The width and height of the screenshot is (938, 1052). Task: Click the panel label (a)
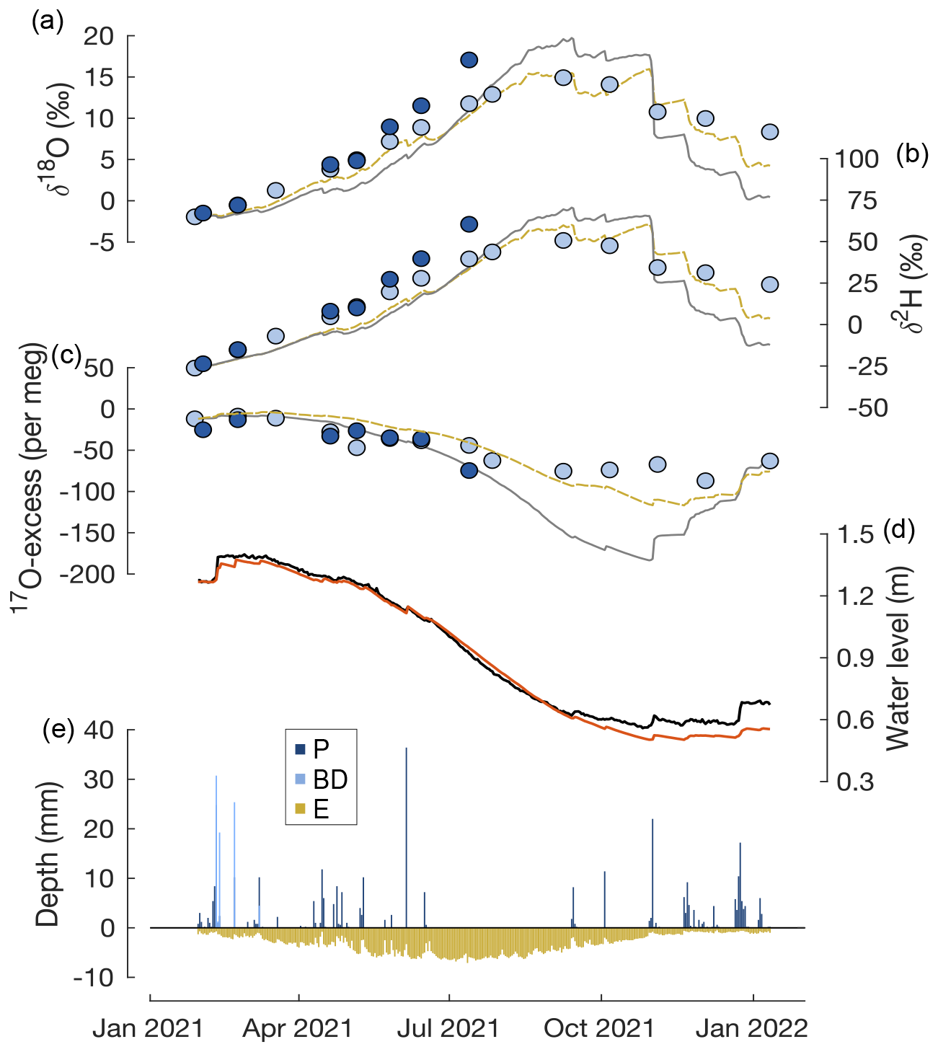pyautogui.click(x=48, y=22)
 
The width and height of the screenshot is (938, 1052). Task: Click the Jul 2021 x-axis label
pyautogui.click(x=448, y=1028)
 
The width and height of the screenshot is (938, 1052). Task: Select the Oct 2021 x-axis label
pyautogui.click(x=599, y=1028)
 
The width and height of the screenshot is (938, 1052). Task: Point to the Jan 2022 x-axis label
pyautogui.click(x=751, y=1028)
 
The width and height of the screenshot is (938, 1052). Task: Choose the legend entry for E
pyautogui.click(x=322, y=810)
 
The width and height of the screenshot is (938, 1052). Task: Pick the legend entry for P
pyautogui.click(x=322, y=749)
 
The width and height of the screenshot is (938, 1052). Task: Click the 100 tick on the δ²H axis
pyautogui.click(x=858, y=159)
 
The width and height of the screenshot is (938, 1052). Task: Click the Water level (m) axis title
pyautogui.click(x=898, y=658)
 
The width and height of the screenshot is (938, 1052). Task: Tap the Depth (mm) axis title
pyautogui.click(x=48, y=854)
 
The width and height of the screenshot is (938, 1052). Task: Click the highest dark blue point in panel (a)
pyautogui.click(x=469, y=60)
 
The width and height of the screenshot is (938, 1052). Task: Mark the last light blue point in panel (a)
pyautogui.click(x=769, y=131)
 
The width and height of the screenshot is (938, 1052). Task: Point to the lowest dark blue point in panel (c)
pyautogui.click(x=469, y=470)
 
